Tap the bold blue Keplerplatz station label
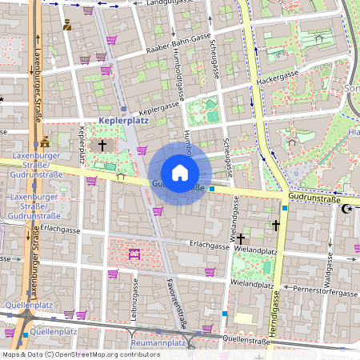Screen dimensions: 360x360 coord(123,120)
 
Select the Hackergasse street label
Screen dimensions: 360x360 coord(278,78)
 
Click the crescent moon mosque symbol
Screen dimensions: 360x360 coord(346,209)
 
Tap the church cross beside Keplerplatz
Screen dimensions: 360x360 coord(102,146)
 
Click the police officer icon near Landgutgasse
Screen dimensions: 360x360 coord(67,25)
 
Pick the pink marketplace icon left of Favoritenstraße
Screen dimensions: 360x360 coord(134,254)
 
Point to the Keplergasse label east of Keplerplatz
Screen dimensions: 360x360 coord(159,106)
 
